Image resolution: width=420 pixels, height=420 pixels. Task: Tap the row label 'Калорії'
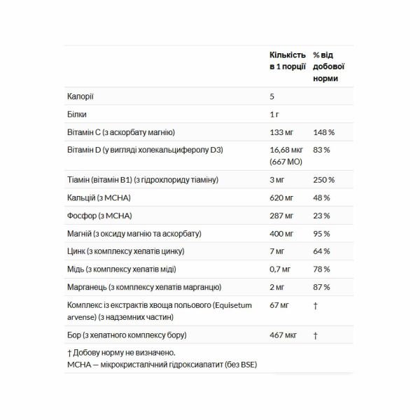[x=80, y=96]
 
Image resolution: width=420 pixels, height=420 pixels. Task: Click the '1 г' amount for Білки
[x=274, y=113]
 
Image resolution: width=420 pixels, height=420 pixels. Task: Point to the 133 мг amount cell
[x=281, y=132]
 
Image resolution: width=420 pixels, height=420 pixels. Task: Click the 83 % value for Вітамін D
[x=321, y=150]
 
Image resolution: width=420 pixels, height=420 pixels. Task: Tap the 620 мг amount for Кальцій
[x=282, y=197]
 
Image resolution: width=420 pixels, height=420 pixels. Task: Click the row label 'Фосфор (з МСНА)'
[x=99, y=216]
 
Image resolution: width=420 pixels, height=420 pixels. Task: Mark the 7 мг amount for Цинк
[x=277, y=251]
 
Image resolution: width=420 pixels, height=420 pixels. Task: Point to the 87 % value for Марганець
[x=321, y=288]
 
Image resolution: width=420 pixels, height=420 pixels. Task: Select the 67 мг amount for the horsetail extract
[x=279, y=305]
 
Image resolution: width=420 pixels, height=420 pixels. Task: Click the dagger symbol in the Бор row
[x=315, y=336]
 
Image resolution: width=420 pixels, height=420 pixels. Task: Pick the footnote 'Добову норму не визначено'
[x=124, y=353]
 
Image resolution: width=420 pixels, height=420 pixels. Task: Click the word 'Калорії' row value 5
[x=272, y=96]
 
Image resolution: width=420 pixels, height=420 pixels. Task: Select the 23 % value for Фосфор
[x=321, y=216]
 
